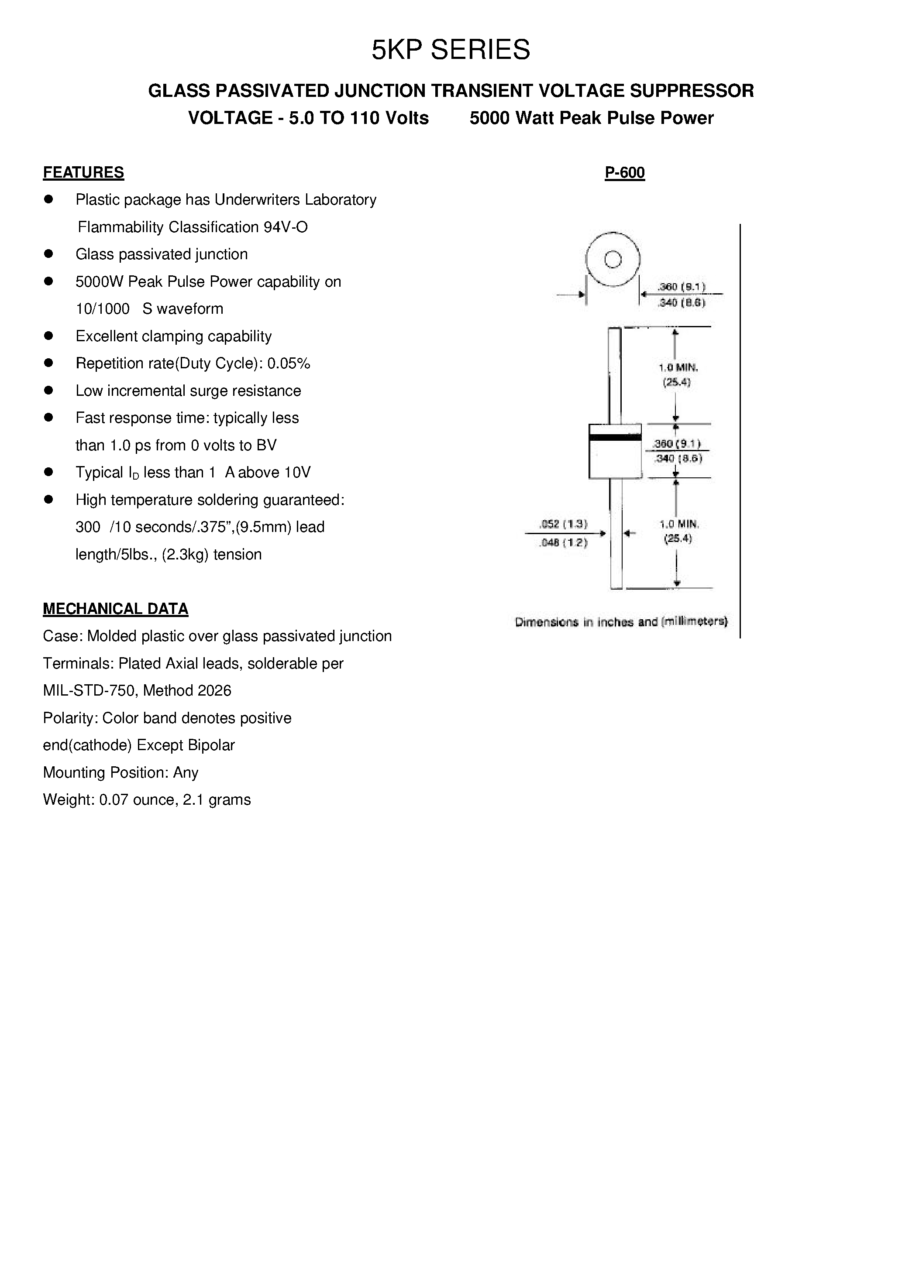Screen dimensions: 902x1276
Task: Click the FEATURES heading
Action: (x=83, y=172)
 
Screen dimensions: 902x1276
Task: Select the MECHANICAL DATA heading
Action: (x=116, y=609)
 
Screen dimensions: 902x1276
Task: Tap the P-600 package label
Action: (x=624, y=172)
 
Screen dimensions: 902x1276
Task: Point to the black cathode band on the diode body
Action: (x=615, y=437)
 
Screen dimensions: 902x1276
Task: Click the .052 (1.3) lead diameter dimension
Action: (x=563, y=524)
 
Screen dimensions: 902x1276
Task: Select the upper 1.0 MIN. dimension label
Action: (x=678, y=367)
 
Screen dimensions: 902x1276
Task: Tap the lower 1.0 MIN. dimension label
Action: (x=678, y=524)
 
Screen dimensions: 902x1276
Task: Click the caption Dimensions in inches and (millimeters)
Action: (x=621, y=621)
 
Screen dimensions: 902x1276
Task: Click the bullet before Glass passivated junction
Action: (x=48, y=254)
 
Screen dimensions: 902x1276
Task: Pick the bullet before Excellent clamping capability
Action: (x=48, y=336)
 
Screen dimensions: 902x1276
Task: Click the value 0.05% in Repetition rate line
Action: (x=289, y=364)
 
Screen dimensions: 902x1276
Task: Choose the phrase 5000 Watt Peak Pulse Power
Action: (x=591, y=118)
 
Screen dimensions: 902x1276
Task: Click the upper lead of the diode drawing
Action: (x=614, y=375)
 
